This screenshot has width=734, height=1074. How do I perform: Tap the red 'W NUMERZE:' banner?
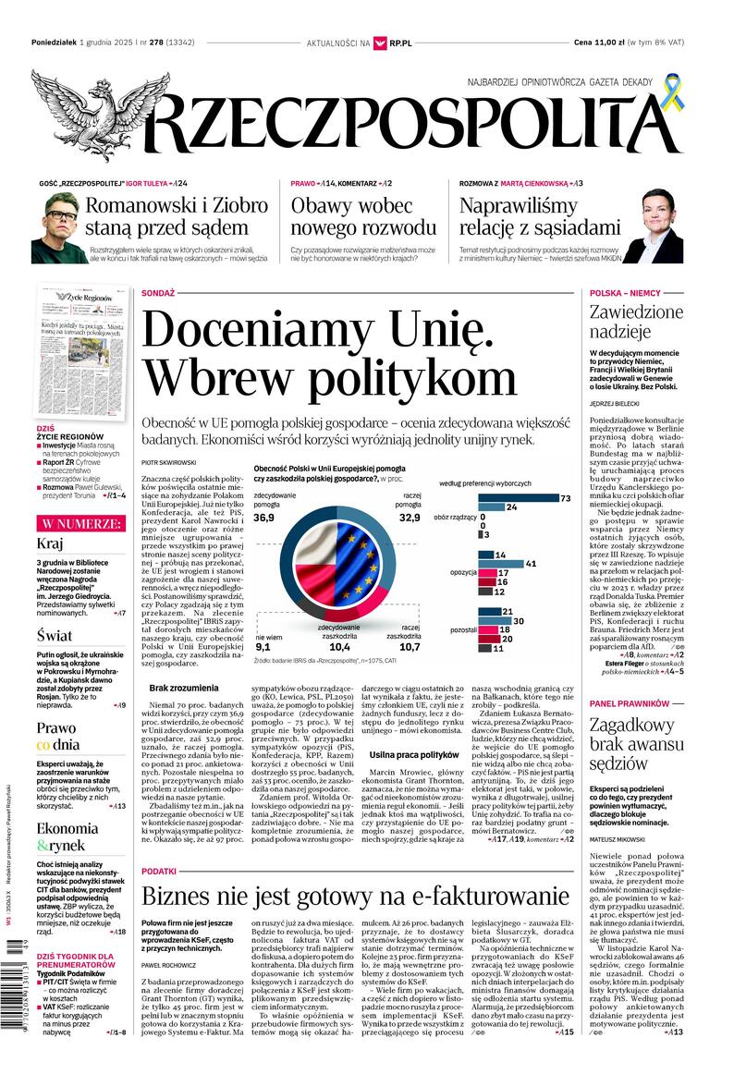coord(80,523)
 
